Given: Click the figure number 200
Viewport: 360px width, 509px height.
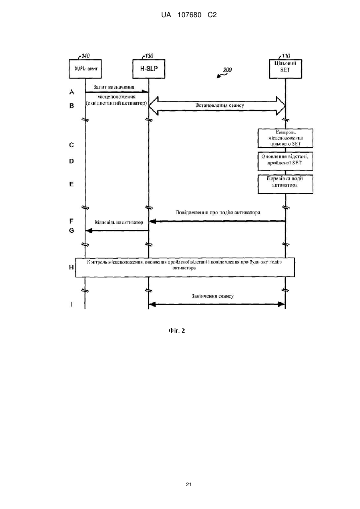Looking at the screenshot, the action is (x=227, y=70).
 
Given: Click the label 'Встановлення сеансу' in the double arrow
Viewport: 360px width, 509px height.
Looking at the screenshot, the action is (x=220, y=105).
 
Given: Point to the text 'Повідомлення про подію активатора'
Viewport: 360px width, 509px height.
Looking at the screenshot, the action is (x=218, y=212).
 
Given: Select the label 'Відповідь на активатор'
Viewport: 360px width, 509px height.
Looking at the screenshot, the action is (x=119, y=222).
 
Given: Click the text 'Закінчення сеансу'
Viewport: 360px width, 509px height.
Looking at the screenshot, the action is (x=213, y=296).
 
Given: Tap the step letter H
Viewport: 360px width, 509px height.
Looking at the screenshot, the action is (x=71, y=267).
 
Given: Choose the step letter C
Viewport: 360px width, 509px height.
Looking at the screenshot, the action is (x=71, y=145).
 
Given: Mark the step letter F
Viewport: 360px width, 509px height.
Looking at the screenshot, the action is (x=71, y=221).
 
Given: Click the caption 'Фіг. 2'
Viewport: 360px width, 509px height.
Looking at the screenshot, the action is (x=177, y=331).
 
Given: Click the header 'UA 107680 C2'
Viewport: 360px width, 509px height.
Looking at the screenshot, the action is (x=189, y=15).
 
